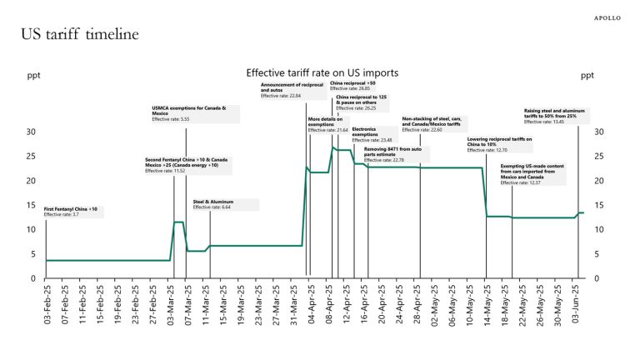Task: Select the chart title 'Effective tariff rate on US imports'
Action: coord(322,73)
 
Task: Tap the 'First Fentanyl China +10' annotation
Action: coord(72,212)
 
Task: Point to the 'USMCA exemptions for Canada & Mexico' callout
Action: coord(194,114)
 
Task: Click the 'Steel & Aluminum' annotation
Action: coord(224,204)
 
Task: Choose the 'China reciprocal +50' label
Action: coord(352,86)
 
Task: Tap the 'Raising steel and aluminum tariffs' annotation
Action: coord(557,116)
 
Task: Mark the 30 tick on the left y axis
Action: coord(31,132)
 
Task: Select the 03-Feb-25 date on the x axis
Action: coord(47,304)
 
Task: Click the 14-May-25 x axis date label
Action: coord(487,304)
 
